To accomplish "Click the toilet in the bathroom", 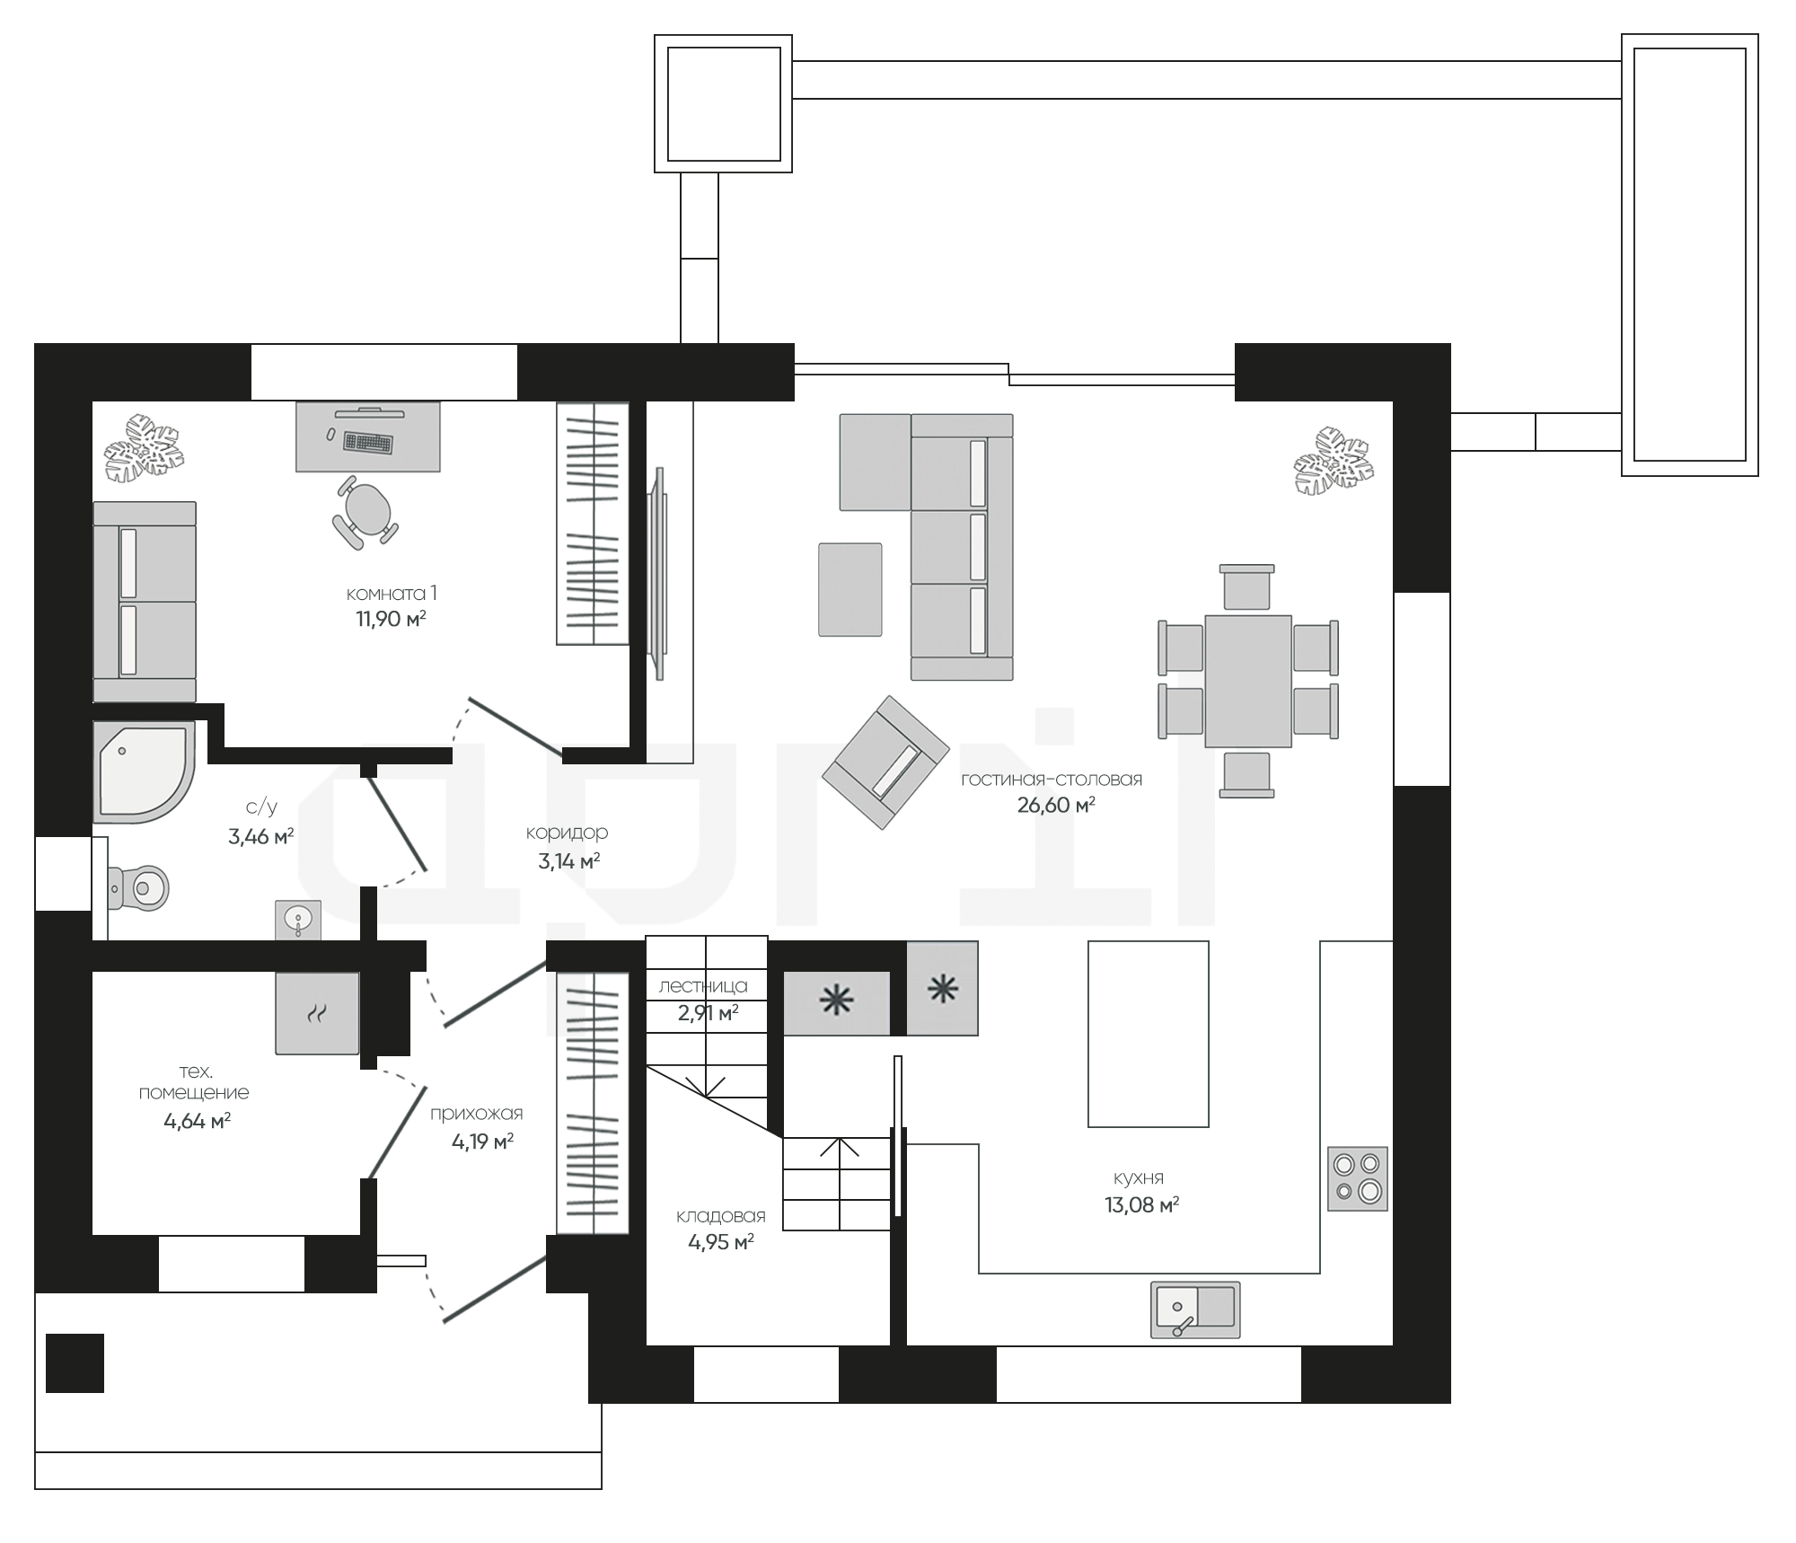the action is pyautogui.click(x=138, y=888).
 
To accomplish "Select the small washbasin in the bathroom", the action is pyautogui.click(x=298, y=921).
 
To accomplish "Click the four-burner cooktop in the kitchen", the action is pyautogui.click(x=1357, y=1178).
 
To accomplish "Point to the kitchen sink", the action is pyautogui.click(x=1195, y=1309).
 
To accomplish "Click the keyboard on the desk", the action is pyautogui.click(x=368, y=442).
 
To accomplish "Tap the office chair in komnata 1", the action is pyautogui.click(x=365, y=512).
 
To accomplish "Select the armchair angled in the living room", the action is pyautogui.click(x=885, y=762).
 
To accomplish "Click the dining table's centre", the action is pyautogui.click(x=1248, y=681).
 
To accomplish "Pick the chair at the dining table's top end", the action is pyautogui.click(x=1247, y=586).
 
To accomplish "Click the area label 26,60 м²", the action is pyautogui.click(x=1056, y=805).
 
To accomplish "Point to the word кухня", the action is pyautogui.click(x=1139, y=1177).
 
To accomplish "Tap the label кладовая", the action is pyautogui.click(x=721, y=1216).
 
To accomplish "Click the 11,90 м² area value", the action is pyautogui.click(x=391, y=619).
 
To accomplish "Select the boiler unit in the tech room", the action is pyautogui.click(x=317, y=1012).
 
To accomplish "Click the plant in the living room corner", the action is pyautogui.click(x=1334, y=461).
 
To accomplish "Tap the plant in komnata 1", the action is pyautogui.click(x=145, y=448).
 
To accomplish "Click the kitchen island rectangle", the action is pyautogui.click(x=1149, y=1034).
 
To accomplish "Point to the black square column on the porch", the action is pyautogui.click(x=75, y=1363).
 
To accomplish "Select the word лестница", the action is pyautogui.click(x=703, y=985).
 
